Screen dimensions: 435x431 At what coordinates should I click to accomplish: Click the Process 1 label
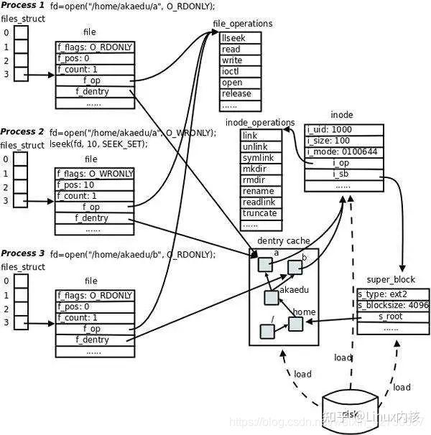(22, 6)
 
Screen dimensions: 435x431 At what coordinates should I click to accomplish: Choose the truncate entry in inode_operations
(259, 213)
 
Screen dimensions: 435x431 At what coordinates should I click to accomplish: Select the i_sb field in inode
(340, 174)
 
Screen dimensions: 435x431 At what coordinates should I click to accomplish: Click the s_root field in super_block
(390, 317)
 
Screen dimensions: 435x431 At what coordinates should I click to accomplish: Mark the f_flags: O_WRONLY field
(95, 173)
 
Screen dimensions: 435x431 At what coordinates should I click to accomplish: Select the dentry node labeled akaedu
(272, 298)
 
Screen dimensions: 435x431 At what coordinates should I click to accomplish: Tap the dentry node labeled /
(267, 331)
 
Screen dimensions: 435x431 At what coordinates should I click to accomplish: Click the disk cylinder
(351, 413)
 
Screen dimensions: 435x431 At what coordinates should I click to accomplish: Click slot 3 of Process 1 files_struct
(22, 74)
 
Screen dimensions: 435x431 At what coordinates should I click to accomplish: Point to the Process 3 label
(22, 253)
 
